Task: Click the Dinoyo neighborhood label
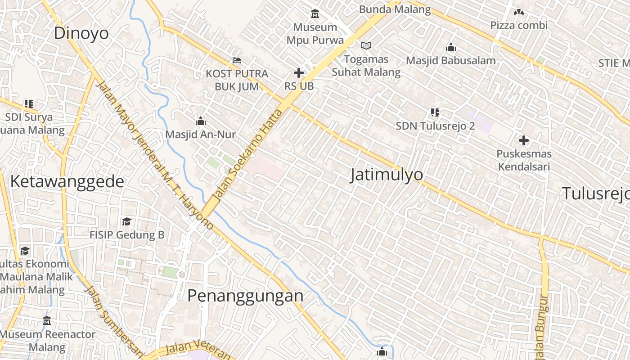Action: coord(81,33)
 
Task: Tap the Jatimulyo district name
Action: coord(387,175)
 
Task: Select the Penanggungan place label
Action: coord(245,296)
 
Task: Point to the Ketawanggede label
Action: coord(67,181)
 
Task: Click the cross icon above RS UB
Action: coord(299,72)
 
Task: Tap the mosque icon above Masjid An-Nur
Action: coord(201,121)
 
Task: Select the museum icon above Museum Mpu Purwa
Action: coord(315,14)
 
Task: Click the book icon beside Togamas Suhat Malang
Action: coord(367,45)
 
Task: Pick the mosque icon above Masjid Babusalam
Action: coord(451,47)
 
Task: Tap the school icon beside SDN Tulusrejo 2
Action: coord(435,112)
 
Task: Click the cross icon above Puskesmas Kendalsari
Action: coord(524,140)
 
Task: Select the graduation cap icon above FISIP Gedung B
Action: coord(127,222)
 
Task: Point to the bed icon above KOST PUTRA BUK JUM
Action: coord(237,60)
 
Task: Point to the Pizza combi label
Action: coord(519,25)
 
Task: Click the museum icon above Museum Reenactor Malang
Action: coord(47,321)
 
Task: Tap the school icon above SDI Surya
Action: coord(29,104)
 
